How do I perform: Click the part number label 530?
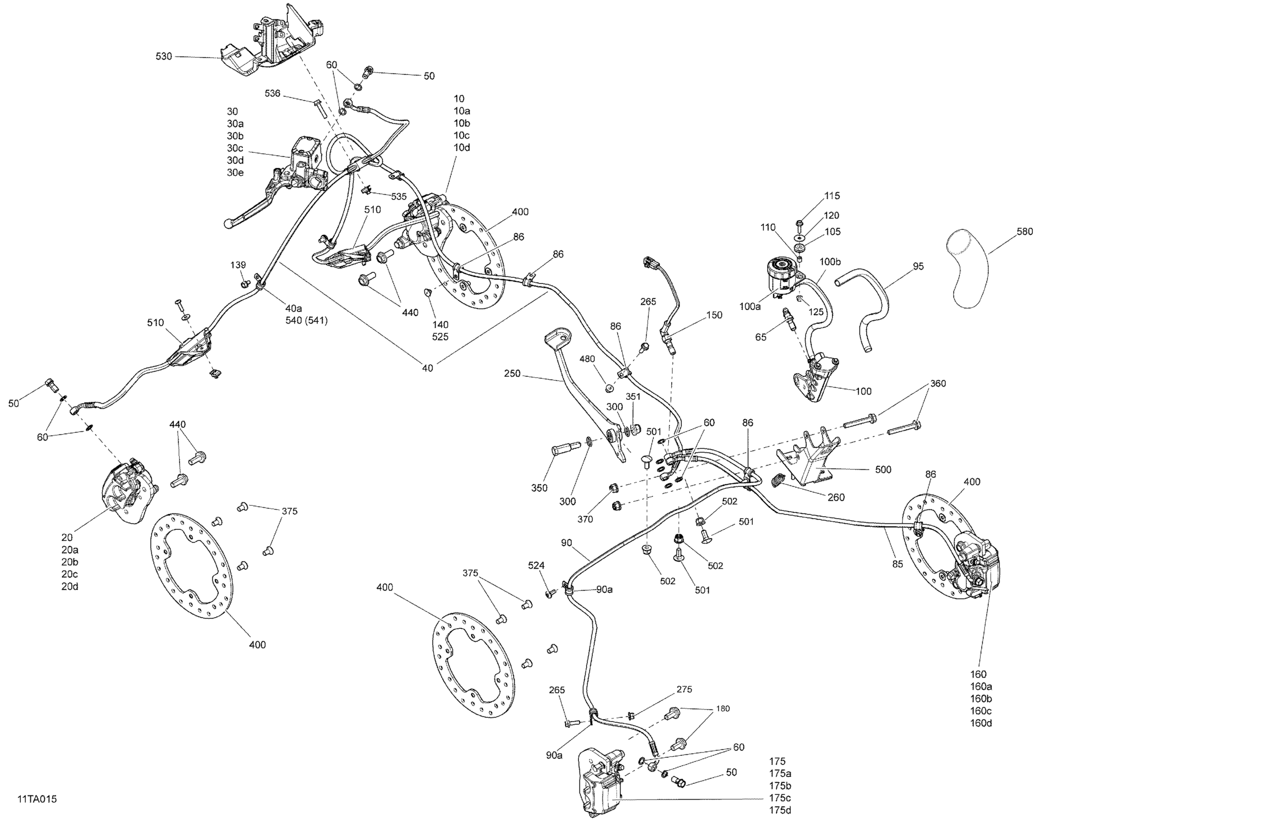(163, 57)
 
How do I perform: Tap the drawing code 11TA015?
(37, 799)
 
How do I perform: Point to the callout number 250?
(512, 373)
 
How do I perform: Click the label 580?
(1025, 231)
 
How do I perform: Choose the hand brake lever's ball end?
(229, 224)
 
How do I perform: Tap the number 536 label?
(272, 94)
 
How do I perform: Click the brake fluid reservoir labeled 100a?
(783, 276)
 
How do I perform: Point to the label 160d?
(981, 723)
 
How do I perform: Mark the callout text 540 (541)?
(307, 320)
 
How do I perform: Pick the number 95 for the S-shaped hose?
(918, 266)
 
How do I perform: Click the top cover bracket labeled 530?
(271, 42)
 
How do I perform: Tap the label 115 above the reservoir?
(832, 196)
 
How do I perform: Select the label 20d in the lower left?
(69, 586)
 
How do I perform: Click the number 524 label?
(536, 566)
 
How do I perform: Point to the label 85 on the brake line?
(898, 564)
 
